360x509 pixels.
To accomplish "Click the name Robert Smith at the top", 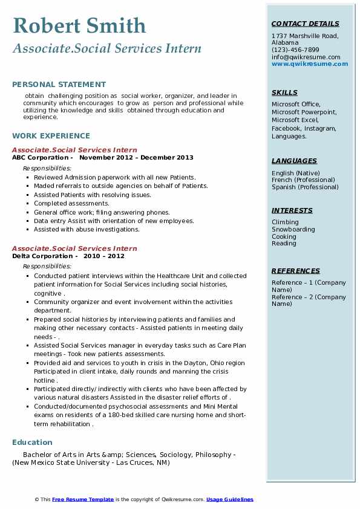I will (x=79, y=25).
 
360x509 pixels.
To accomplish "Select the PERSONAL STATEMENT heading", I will (x=59, y=85).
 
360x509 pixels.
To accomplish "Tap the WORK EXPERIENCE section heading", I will (x=51, y=136).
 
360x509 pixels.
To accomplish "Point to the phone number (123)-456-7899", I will (x=295, y=50).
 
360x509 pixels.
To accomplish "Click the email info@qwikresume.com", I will (x=306, y=57).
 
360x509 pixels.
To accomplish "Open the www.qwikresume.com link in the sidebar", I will (x=310, y=63).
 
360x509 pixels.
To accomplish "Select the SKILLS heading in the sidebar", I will (x=284, y=93).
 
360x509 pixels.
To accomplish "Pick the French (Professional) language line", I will (x=303, y=180).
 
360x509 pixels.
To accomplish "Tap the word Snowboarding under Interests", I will (x=293, y=230).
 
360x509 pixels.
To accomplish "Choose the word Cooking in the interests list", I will (x=284, y=236).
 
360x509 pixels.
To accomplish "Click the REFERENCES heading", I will (x=295, y=271).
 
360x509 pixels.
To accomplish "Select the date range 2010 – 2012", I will (x=108, y=256).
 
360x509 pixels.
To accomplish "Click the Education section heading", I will (x=32, y=443).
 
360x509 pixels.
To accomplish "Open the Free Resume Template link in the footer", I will (x=83, y=499).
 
